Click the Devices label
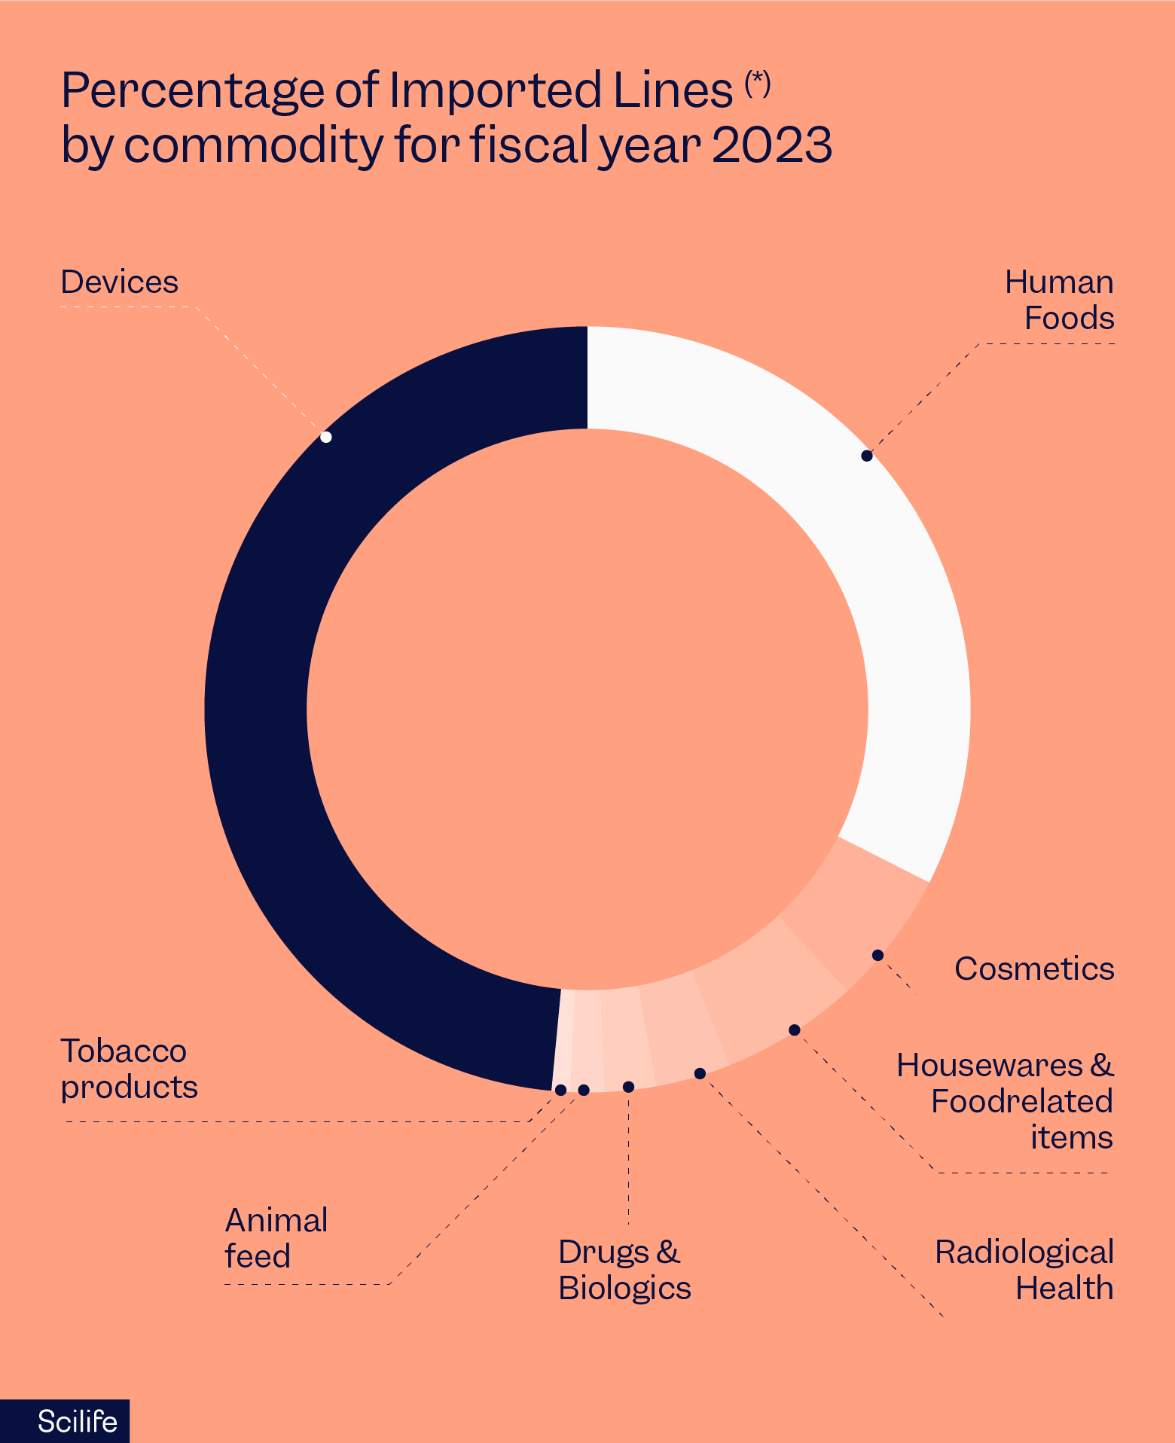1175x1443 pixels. coord(119,282)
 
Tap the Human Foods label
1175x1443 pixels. coord(1059,300)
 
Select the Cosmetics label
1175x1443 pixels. coord(1033,969)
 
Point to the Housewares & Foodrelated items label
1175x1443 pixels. coord(1005,1101)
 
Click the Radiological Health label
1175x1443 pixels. coord(1024,1270)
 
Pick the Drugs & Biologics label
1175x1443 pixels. coord(624,1270)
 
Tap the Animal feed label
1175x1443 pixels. coord(276,1238)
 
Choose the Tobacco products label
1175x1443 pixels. coord(129,1069)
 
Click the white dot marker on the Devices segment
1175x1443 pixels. coord(326,437)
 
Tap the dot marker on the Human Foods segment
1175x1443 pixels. coord(867,456)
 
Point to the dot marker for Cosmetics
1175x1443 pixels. coord(877,955)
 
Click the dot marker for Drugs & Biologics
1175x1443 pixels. coord(628,1087)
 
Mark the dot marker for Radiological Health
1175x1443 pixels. coord(700,1073)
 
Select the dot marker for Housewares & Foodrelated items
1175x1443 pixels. coord(794,1030)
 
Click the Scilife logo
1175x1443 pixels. coord(77,1422)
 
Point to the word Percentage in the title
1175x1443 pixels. coord(192,90)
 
